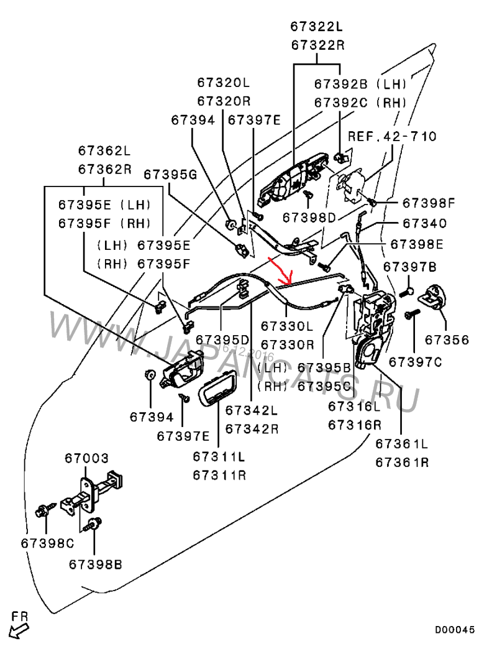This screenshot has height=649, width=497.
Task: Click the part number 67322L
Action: click(x=317, y=27)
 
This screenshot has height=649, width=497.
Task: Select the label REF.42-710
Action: click(x=391, y=136)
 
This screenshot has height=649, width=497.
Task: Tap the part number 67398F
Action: click(x=429, y=203)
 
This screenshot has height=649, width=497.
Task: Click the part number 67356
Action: click(x=447, y=340)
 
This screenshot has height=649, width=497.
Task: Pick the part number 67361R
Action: click(x=401, y=463)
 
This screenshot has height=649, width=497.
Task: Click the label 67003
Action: click(x=87, y=458)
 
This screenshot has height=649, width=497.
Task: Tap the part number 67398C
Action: click(x=47, y=543)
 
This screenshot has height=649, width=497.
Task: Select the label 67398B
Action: click(x=95, y=564)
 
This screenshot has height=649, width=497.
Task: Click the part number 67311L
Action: click(x=219, y=457)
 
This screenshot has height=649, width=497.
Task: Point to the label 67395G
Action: click(x=170, y=175)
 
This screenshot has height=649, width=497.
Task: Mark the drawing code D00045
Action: click(x=454, y=630)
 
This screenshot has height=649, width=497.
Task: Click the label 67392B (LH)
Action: click(x=360, y=84)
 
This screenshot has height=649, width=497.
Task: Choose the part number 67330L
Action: click(x=287, y=326)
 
